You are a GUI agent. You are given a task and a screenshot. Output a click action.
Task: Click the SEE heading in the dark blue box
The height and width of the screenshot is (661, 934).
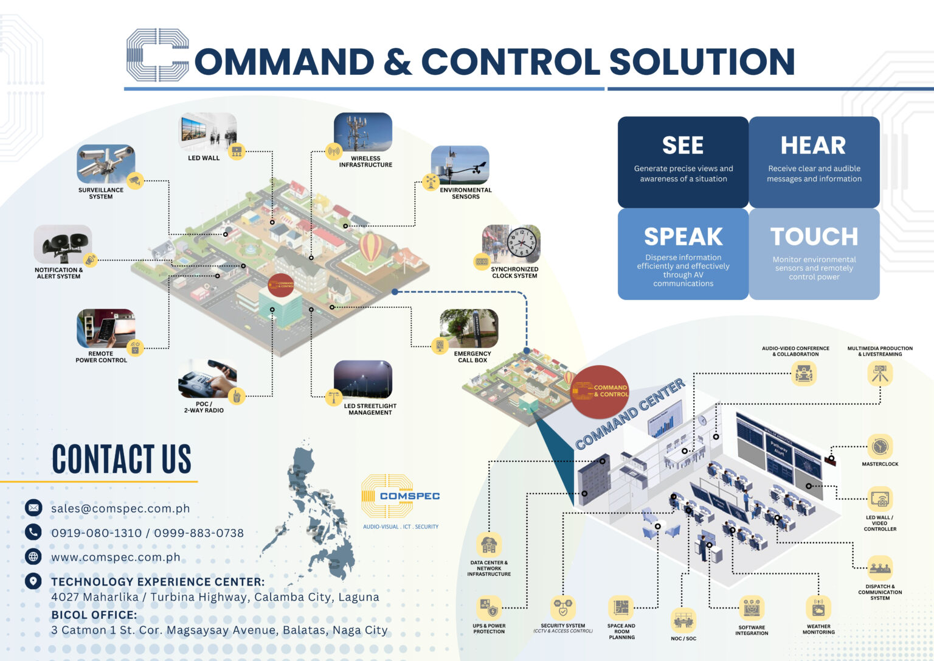point(683,145)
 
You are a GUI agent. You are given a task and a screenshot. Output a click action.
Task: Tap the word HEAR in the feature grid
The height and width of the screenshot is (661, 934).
point(813,145)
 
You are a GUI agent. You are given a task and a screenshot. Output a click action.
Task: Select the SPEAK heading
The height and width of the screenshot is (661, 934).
point(683,236)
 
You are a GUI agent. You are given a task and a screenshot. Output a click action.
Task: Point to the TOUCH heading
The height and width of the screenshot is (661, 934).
point(814,236)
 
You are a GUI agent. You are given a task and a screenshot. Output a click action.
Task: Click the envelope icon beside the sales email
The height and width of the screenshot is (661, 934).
point(33,508)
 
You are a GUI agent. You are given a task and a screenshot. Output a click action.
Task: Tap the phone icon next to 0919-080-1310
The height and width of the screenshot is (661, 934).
point(33,532)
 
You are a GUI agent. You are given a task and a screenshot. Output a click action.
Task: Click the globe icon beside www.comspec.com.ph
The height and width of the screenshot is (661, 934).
point(33,556)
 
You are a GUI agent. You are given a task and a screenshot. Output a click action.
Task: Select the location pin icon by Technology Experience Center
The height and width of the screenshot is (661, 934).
point(33,581)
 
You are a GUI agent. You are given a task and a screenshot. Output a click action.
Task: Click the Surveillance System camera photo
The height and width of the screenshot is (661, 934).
point(105,163)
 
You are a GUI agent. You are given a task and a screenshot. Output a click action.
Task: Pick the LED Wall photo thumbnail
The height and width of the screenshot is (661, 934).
point(207,131)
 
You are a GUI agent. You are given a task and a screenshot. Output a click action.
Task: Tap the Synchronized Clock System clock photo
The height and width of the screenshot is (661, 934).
point(511,243)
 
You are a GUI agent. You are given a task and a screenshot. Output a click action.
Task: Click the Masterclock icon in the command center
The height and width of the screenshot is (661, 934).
point(879,447)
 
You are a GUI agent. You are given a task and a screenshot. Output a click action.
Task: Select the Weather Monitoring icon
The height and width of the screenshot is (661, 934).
point(818,608)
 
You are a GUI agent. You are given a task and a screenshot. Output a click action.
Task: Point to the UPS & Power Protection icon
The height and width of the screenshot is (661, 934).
point(488,608)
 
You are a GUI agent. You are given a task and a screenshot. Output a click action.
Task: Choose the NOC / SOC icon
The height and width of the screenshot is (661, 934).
point(683,620)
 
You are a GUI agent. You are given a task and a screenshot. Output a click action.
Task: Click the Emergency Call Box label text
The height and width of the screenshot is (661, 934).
point(472,357)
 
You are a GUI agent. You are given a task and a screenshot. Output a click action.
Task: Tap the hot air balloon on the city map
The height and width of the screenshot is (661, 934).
point(371,247)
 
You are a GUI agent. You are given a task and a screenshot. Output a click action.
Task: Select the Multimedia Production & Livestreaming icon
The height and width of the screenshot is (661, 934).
point(879,373)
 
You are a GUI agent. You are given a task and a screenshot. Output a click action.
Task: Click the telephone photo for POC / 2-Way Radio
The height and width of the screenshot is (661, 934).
point(207,379)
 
